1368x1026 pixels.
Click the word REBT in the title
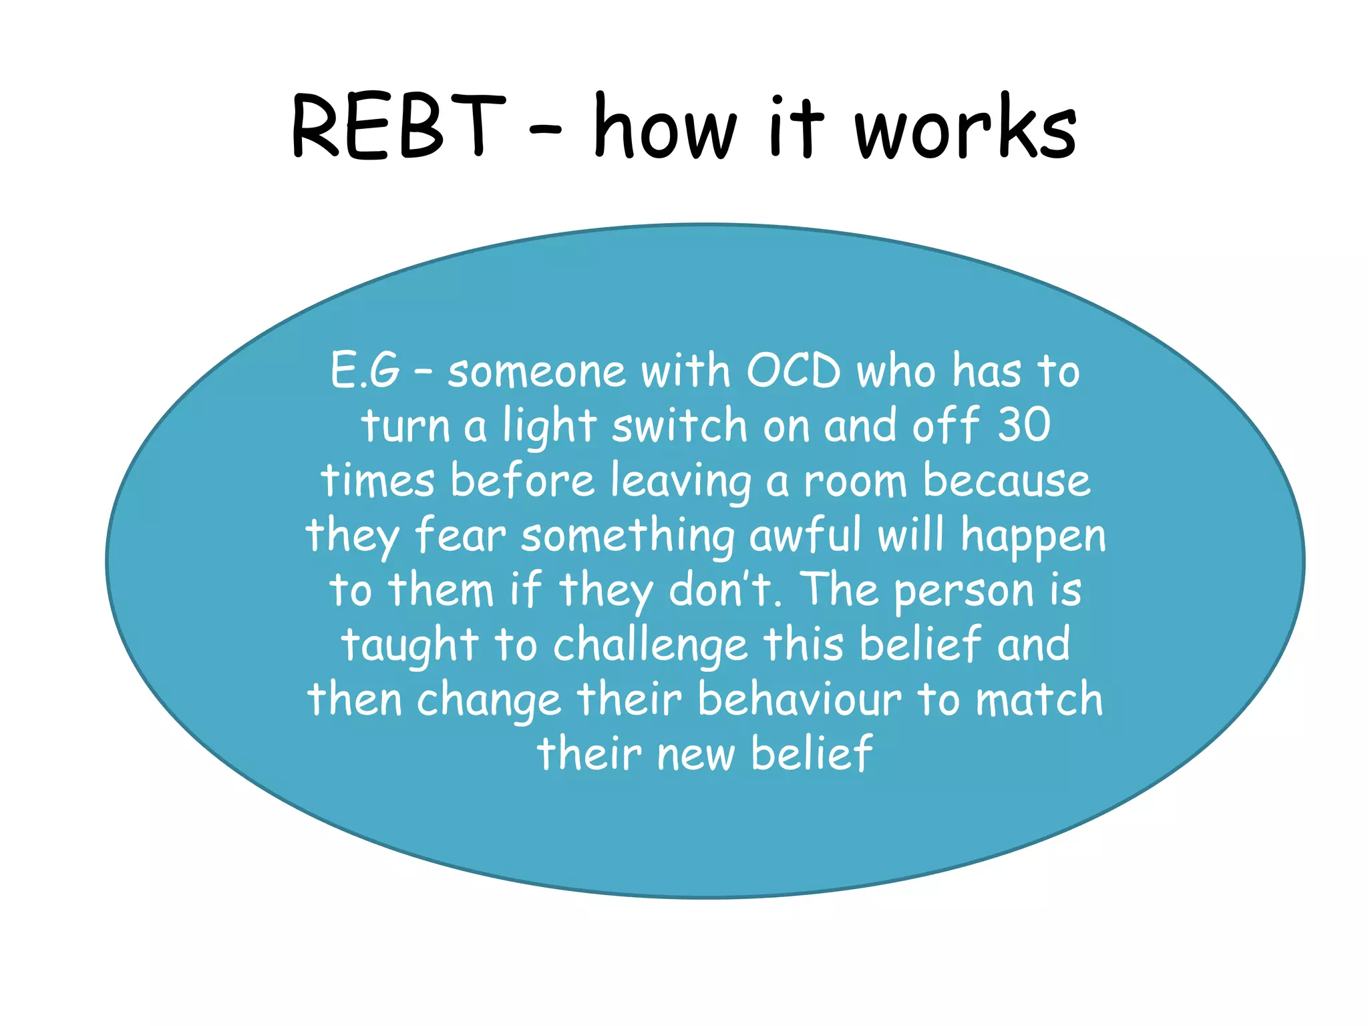[398, 127]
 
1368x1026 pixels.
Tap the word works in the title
[966, 127]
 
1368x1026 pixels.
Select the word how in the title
[665, 127]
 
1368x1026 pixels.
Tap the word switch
[679, 425]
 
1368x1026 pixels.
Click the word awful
[805, 536]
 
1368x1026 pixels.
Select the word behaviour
[799, 699]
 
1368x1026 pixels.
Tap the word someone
[536, 372]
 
